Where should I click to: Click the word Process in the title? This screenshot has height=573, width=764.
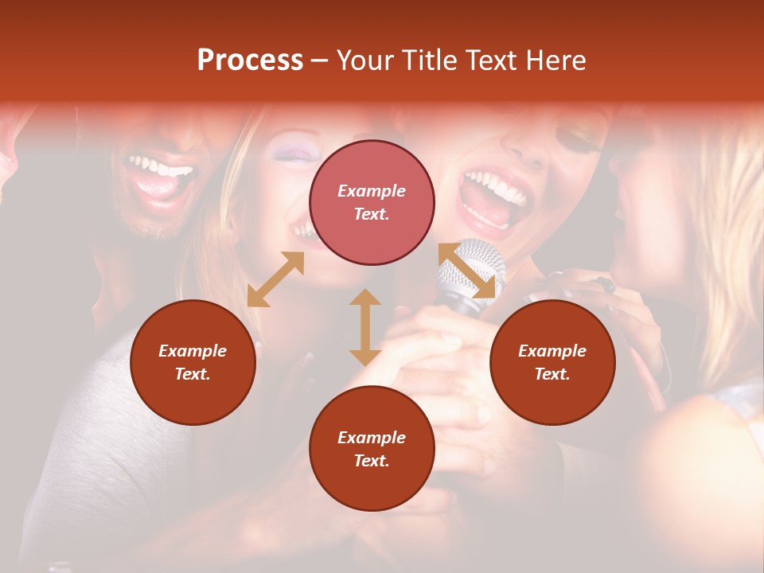pyautogui.click(x=250, y=60)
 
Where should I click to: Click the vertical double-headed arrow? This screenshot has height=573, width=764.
pyautogui.click(x=365, y=327)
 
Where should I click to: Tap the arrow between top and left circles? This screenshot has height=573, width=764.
pyautogui.click(x=275, y=279)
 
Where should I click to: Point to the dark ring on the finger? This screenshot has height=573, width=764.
pyautogui.click(x=607, y=284)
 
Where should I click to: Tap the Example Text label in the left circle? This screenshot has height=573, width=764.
pyautogui.click(x=193, y=362)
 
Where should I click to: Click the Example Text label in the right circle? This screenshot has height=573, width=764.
pyautogui.click(x=552, y=362)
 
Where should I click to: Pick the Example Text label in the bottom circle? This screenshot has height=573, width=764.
pyautogui.click(x=372, y=449)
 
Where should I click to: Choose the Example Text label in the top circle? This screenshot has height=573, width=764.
pyautogui.click(x=372, y=202)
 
